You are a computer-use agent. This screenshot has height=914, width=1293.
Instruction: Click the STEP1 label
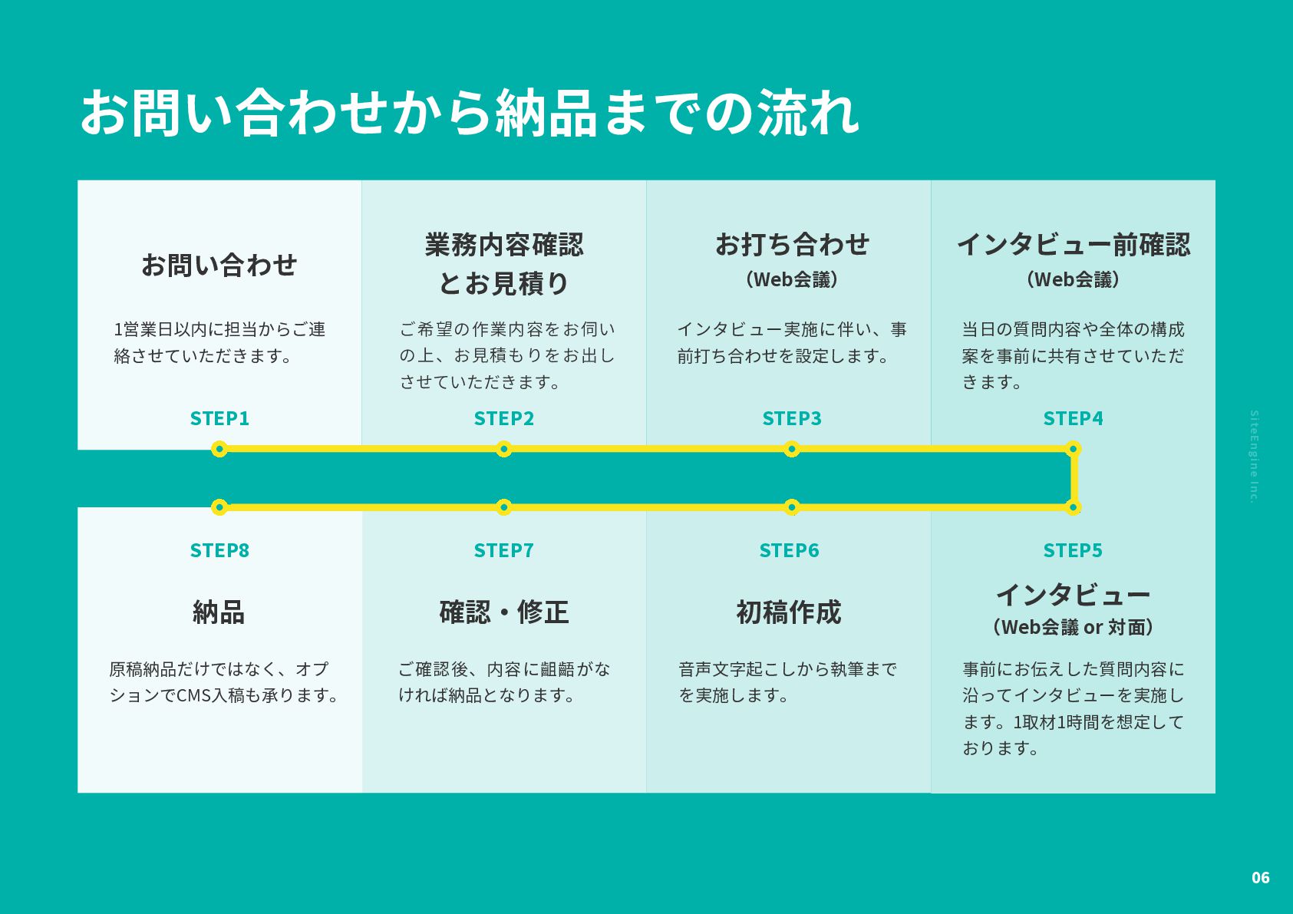[219, 418]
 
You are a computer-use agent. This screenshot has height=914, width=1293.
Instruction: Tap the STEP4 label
[1073, 418]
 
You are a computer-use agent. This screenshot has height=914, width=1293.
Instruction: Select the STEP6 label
[789, 550]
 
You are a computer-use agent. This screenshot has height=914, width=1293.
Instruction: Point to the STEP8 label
[219, 550]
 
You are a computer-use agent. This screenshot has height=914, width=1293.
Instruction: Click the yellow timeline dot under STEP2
[503, 449]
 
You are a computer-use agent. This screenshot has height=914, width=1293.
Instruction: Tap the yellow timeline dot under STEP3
[792, 449]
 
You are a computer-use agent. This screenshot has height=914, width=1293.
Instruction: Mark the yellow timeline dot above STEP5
[1073, 506]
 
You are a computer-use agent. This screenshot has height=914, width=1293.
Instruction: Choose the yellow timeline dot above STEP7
[503, 506]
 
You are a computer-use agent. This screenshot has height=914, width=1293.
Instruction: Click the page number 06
[1260, 878]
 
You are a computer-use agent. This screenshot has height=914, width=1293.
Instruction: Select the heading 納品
[219, 612]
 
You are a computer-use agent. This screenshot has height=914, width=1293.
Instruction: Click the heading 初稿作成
[789, 612]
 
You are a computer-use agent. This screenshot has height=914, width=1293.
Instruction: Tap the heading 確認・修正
[504, 612]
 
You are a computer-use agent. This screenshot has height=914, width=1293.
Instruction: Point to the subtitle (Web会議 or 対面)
[1073, 627]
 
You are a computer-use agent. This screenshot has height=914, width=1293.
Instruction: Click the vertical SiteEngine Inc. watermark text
[1254, 457]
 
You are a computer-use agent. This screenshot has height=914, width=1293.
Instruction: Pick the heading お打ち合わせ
[792, 244]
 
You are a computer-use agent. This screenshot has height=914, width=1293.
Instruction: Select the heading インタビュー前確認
[1073, 244]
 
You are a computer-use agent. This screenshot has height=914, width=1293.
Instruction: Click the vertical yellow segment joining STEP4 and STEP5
[1074, 477]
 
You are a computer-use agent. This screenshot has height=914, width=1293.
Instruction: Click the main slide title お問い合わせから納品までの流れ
[469, 112]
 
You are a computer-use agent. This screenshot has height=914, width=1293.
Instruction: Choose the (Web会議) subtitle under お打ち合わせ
[792, 279]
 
